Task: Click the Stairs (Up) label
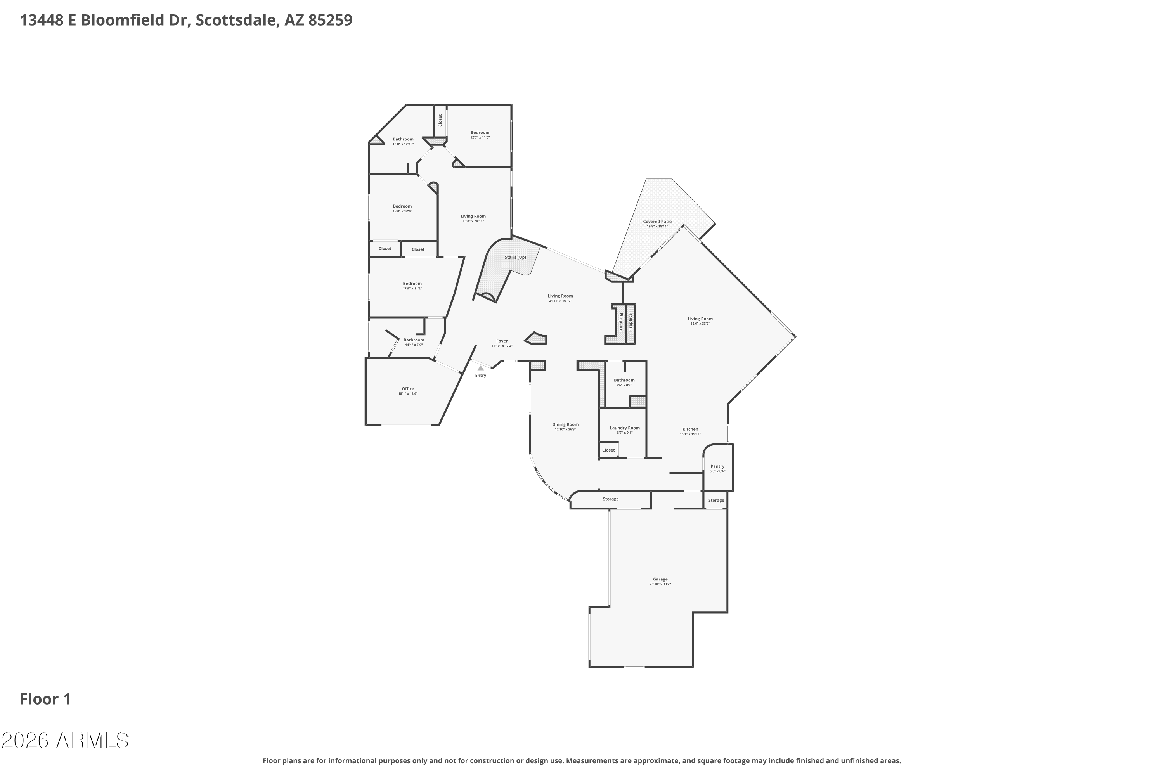coord(515,257)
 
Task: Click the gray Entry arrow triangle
coord(480,368)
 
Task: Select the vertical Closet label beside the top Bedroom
coord(440,120)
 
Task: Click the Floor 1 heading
coord(45,699)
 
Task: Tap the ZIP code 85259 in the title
coord(330,20)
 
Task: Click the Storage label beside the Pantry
coord(716,501)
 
